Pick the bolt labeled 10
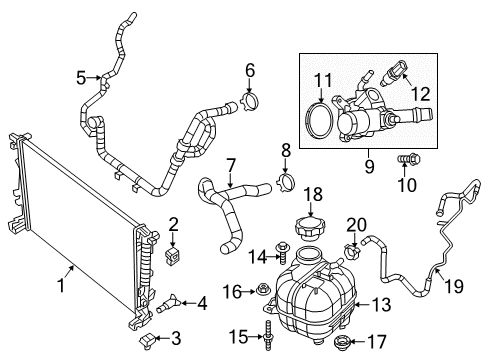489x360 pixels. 406,159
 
